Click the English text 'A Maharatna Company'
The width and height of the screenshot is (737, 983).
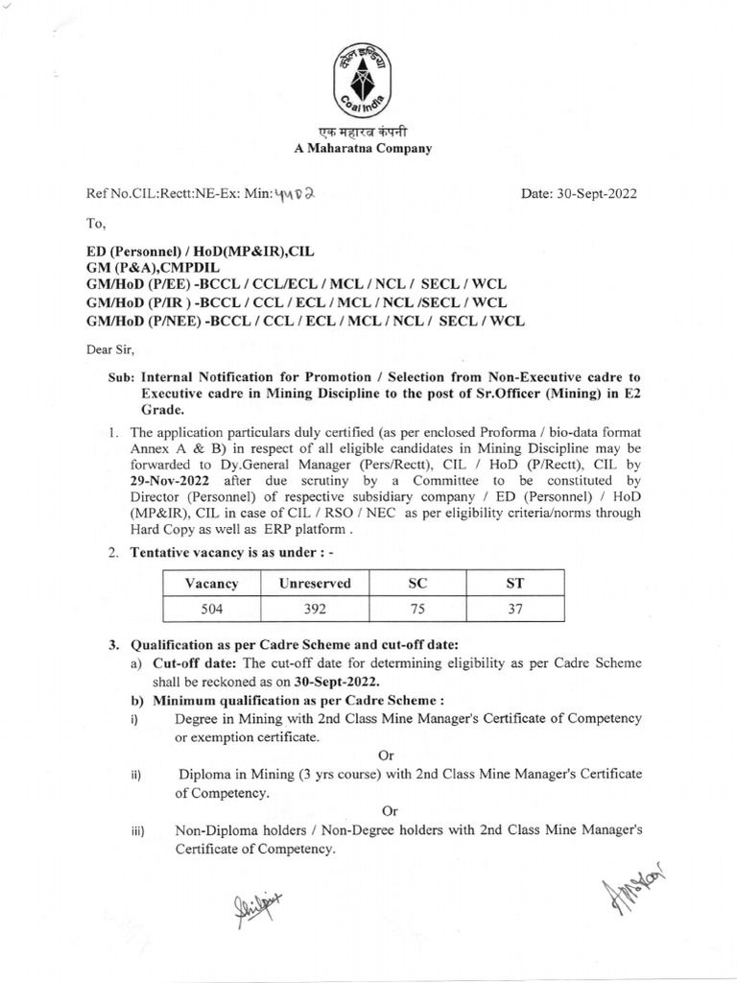pos(362,148)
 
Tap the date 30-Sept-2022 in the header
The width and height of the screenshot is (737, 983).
pos(579,194)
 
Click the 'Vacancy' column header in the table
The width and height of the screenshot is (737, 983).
pos(211,583)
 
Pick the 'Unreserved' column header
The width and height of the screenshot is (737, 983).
pos(315,583)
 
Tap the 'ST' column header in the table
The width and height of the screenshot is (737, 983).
pos(515,583)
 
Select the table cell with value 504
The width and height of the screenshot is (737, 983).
pos(211,609)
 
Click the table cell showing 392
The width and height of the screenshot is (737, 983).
pos(315,609)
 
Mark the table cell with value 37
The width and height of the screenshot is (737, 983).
pos(515,609)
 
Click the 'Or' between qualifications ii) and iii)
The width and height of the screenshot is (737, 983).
pos(389,811)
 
